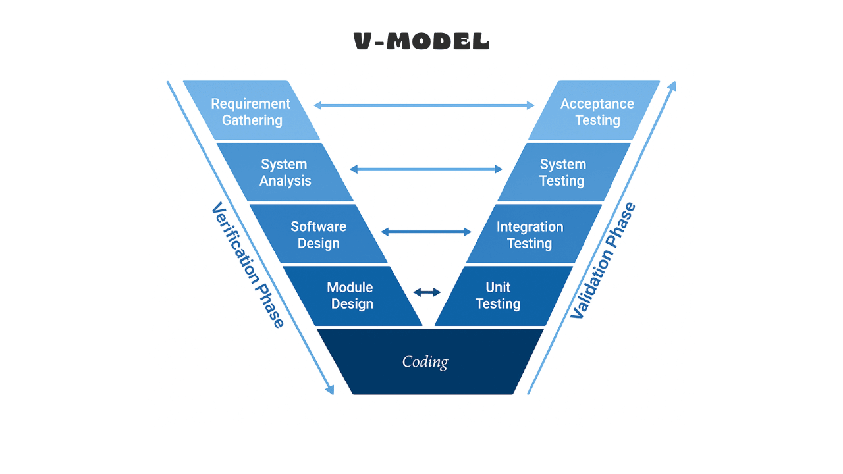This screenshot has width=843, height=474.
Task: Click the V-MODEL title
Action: pos(421,42)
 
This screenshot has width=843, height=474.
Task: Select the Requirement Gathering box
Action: pos(251,111)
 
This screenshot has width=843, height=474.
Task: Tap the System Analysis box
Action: pos(285,172)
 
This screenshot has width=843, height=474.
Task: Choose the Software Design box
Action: pos(318,234)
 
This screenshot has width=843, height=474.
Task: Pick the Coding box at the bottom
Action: pos(425,362)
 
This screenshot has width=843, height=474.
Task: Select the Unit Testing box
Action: pos(499,296)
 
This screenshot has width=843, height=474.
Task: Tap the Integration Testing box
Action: pos(530,235)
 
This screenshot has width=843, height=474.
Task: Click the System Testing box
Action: pos(562,172)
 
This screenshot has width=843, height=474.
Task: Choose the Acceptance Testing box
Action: pos(597,111)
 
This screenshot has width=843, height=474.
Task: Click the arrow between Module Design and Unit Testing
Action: pos(427,292)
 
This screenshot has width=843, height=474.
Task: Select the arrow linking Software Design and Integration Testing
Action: pos(426,232)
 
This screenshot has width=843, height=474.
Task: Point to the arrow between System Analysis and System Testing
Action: pos(425,169)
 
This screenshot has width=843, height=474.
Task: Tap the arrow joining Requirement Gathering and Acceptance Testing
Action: pos(424,105)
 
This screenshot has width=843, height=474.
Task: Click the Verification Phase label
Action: pos(248,265)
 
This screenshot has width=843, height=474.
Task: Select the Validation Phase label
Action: pos(603,261)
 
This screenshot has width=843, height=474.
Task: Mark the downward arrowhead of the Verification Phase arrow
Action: pos(330,389)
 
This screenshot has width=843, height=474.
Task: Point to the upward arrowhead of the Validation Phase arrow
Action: pos(672,87)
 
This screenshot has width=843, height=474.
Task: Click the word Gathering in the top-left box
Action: pos(252,120)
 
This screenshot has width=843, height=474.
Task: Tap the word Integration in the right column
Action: pos(530,226)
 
